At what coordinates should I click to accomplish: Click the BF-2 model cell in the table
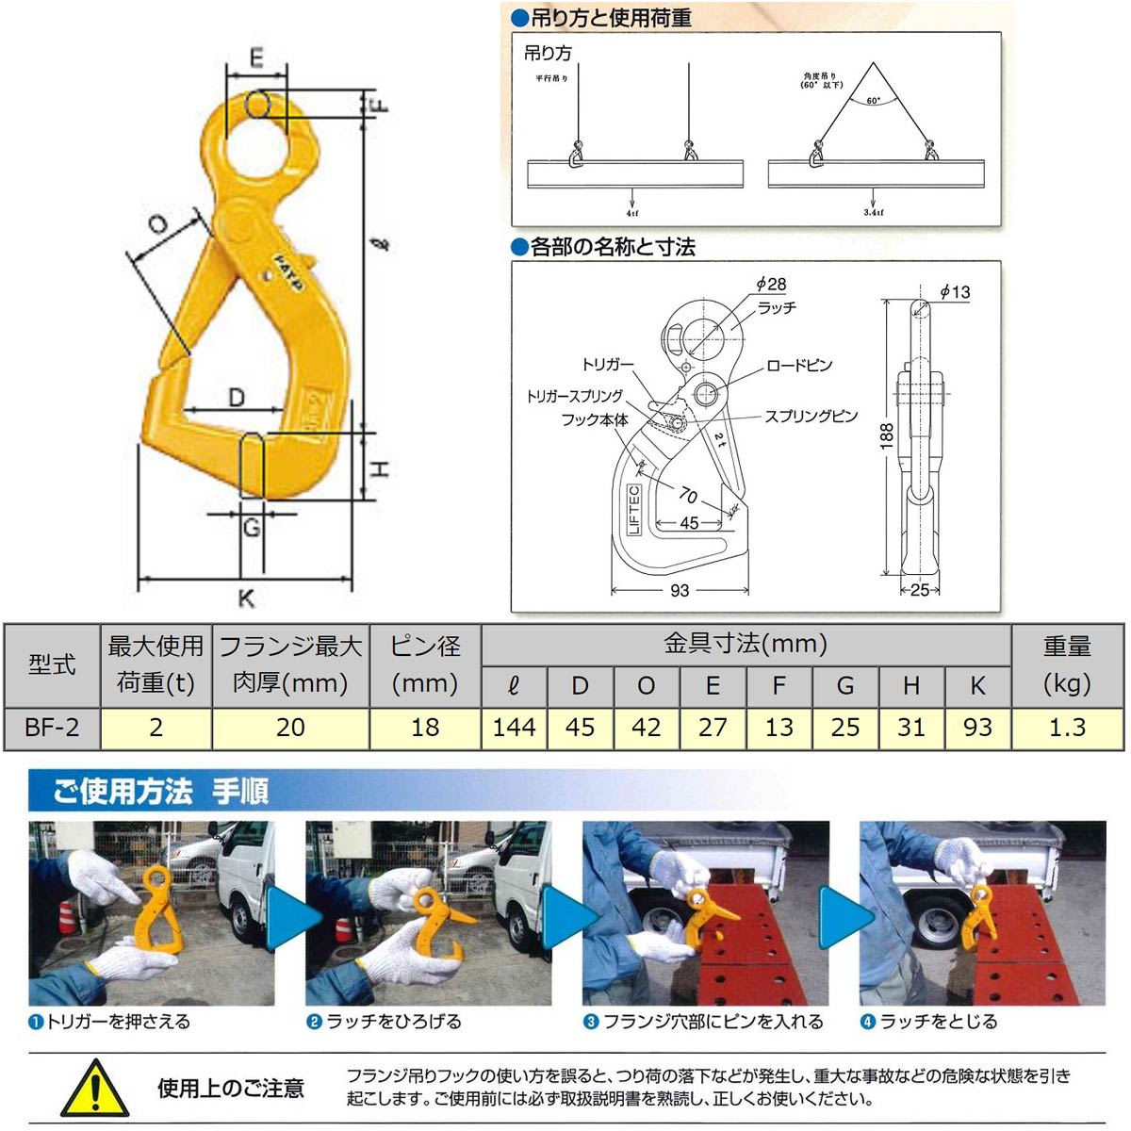point(52,728)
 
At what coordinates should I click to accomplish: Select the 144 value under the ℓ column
point(514,728)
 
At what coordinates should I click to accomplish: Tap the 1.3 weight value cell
point(1067,728)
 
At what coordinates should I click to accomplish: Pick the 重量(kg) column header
point(1067,664)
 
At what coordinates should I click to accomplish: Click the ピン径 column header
point(425,664)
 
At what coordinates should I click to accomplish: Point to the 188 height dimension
point(886,434)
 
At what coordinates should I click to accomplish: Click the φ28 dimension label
point(770,284)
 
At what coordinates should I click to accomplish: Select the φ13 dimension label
point(954,292)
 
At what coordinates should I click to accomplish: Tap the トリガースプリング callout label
point(574,396)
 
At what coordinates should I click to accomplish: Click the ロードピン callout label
point(799,365)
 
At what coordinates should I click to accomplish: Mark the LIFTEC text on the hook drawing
point(633,509)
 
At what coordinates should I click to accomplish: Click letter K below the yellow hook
point(245,598)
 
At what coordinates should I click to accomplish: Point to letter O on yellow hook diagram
point(158,224)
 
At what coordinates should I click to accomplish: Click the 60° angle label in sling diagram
point(873,101)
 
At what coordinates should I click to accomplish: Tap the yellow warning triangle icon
point(94,1089)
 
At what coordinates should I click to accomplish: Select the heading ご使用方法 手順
point(160,790)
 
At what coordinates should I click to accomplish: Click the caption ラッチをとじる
point(937,1022)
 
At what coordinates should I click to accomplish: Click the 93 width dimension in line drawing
point(679,590)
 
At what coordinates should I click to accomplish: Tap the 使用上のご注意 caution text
point(231,1089)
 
